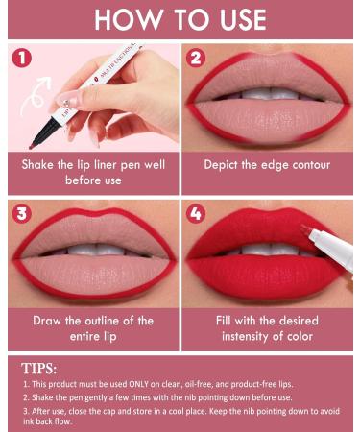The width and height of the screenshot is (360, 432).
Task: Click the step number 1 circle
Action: pos(22,59)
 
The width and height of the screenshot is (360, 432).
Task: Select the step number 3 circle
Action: pos(22,211)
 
